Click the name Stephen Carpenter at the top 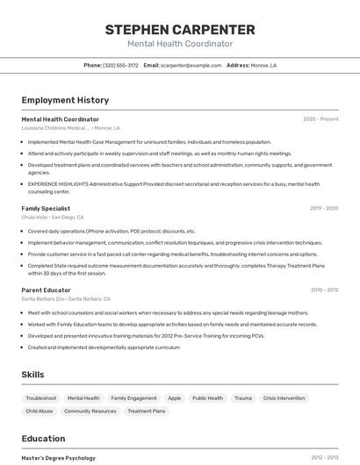click(x=180, y=29)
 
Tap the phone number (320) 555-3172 click(x=120, y=65)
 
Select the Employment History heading click(x=65, y=100)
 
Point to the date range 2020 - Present click(x=320, y=119)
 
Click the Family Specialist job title click(x=46, y=209)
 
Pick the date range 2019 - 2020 click(x=324, y=209)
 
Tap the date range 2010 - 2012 click(x=324, y=290)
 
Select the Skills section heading click(x=32, y=375)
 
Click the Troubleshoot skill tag click(x=41, y=398)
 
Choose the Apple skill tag click(x=175, y=398)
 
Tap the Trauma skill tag click(x=243, y=398)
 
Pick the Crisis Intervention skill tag click(x=284, y=398)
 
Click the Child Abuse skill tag click(x=40, y=411)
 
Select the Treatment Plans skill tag click(x=147, y=411)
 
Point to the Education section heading click(x=43, y=439)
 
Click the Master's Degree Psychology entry click(x=59, y=458)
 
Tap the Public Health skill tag click(x=208, y=398)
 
